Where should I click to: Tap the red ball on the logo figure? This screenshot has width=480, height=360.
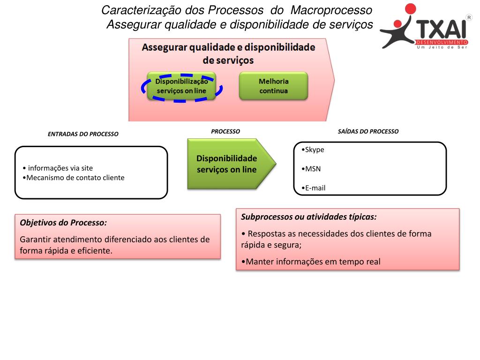point(410,9)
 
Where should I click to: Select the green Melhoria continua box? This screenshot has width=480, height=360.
point(273,86)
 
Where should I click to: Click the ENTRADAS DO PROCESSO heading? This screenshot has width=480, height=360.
point(83,134)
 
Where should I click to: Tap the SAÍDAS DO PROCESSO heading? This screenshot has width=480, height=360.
point(368,132)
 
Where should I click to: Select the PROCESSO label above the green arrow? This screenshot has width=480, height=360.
point(225,132)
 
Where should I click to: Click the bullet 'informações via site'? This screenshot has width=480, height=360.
point(61,168)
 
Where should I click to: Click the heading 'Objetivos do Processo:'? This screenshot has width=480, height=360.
point(63,222)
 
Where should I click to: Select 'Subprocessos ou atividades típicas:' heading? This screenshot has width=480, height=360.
point(309,217)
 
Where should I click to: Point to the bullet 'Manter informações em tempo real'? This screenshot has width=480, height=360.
point(311,262)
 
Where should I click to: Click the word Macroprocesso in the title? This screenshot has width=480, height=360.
point(331,10)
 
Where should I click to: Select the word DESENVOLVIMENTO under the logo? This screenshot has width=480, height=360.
point(442,43)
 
